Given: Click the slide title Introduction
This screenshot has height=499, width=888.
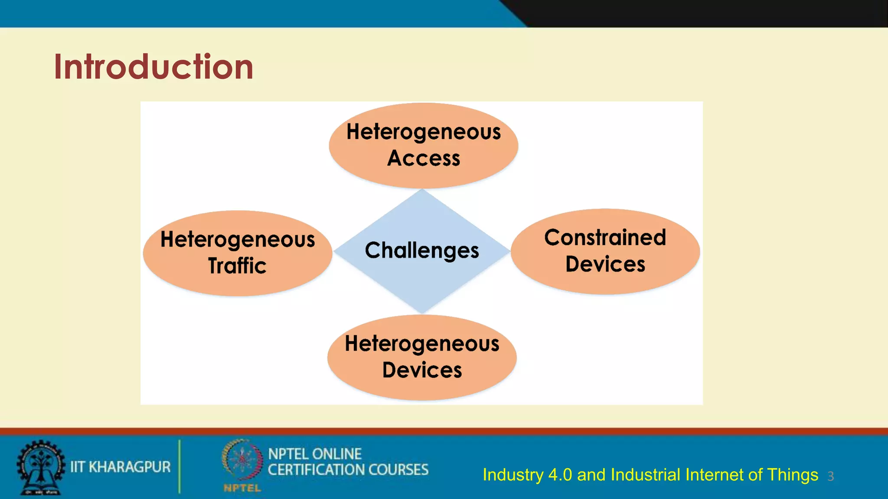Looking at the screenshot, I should [153, 67].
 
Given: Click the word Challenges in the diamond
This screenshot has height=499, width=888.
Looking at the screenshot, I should [421, 250].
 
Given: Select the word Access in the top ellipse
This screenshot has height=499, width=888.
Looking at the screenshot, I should [424, 158].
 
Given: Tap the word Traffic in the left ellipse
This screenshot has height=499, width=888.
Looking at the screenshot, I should [237, 266].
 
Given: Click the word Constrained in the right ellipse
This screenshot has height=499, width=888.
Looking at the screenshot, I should [605, 237].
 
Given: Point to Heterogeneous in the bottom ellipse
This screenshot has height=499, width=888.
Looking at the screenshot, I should [422, 344].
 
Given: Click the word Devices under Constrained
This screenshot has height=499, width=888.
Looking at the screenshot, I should [605, 264].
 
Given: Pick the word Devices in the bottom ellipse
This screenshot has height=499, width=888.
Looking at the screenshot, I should [422, 370].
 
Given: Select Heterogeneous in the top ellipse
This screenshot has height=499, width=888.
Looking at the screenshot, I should [424, 132].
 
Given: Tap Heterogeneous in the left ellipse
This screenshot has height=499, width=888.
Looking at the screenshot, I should [238, 240].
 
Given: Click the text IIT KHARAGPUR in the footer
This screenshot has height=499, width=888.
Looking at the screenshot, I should [121, 467].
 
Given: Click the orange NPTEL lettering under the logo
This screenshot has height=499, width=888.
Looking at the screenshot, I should [242, 488].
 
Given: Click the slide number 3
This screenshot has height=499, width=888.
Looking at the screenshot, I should [830, 476].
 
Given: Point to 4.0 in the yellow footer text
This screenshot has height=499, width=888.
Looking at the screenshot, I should [560, 475].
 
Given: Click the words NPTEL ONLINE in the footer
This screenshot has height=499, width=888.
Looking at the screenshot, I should [315, 454].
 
